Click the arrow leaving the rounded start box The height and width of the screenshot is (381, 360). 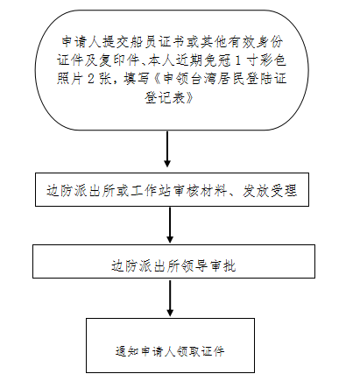[x=167, y=149]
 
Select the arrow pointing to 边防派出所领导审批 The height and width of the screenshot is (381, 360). [x=170, y=224]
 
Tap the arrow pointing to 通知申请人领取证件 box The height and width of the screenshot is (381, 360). [x=170, y=298]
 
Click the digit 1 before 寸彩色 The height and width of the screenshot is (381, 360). [x=238, y=60]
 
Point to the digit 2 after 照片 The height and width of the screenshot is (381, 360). [x=91, y=78]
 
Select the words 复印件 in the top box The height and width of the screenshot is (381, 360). [x=119, y=60]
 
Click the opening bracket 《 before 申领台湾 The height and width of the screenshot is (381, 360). [x=156, y=78]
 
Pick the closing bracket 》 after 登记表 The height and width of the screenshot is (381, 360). [x=190, y=97]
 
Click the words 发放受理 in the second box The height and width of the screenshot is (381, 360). [x=270, y=191]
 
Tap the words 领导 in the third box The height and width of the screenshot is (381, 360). [x=194, y=265]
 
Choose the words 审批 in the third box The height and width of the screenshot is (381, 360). [x=222, y=265]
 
